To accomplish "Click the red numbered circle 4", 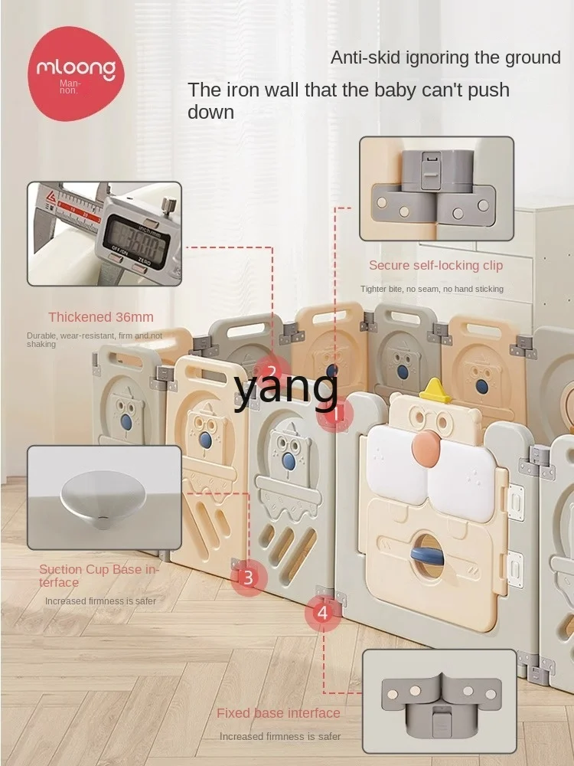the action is pos(321,612).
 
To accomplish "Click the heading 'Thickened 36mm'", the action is pos(101,317).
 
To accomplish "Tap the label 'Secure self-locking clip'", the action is pos(435,265).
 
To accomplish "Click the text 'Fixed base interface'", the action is pos(279,713).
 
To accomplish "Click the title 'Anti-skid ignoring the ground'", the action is pos(445,57).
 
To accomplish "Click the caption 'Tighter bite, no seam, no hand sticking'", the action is pos(432,289).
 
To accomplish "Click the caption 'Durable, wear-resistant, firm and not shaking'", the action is pos(95,340).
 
